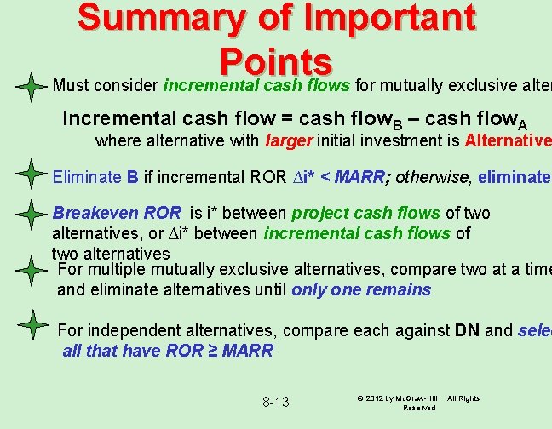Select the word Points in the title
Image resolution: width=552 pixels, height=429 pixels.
pyautogui.click(x=275, y=62)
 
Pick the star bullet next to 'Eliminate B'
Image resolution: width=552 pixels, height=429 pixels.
pyautogui.click(x=30, y=176)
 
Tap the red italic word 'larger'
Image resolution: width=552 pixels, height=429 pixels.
pyautogui.click(x=289, y=140)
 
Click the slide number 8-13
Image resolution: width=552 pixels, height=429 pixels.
pyautogui.click(x=276, y=402)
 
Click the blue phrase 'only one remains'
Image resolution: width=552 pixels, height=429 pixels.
pyautogui.click(x=361, y=289)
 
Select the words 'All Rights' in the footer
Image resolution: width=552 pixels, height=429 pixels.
pyautogui.click(x=463, y=398)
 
